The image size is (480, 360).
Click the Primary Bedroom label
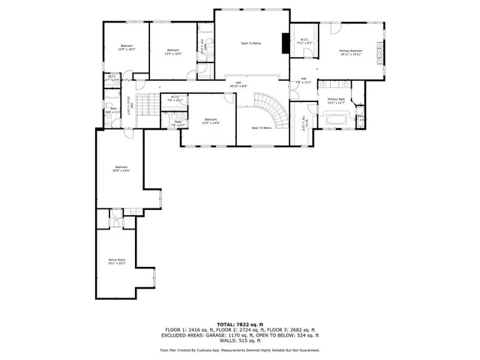coord(350,52)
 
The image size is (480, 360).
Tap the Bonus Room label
coord(116,262)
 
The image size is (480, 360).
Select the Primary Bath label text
coord(335,100)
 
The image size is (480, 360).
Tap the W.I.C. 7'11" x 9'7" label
coord(304,41)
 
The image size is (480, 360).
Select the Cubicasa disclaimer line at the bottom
coord(239,350)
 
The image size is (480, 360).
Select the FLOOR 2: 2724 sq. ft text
coord(241,329)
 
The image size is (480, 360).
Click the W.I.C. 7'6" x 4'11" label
coord(174,99)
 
